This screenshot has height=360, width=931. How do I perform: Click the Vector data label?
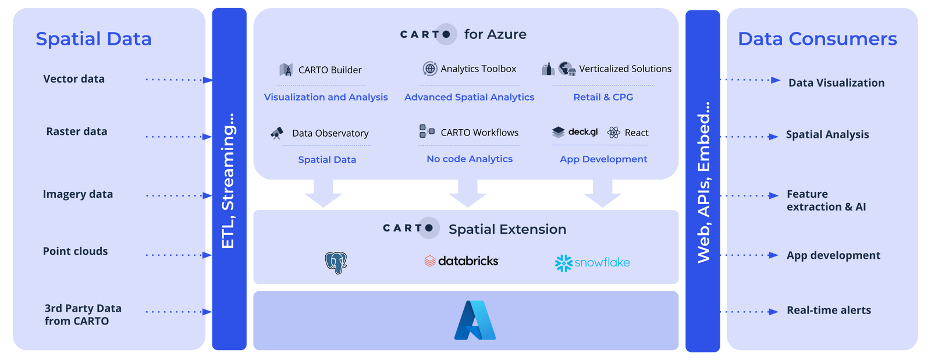(x=74, y=79)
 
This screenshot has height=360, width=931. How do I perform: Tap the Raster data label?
(x=76, y=131)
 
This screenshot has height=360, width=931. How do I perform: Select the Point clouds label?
(x=75, y=251)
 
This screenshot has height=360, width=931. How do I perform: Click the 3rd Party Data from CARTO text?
(x=83, y=315)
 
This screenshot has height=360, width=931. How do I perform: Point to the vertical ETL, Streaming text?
(x=228, y=180)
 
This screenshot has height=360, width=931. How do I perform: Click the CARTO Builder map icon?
(x=286, y=70)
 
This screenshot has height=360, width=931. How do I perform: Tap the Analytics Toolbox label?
(x=478, y=69)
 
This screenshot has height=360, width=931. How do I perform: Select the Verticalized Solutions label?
(x=625, y=69)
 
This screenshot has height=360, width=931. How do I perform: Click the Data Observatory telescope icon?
(x=277, y=133)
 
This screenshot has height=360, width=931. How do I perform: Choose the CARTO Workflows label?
(x=479, y=133)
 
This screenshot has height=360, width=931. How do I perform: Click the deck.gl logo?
(x=575, y=132)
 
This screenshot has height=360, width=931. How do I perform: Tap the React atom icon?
(x=613, y=133)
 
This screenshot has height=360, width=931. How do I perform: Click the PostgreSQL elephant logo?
(x=336, y=262)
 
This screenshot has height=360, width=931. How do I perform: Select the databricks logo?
(x=461, y=261)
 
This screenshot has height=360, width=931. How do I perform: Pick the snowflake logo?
(x=592, y=263)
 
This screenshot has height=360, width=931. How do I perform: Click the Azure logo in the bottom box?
(x=475, y=320)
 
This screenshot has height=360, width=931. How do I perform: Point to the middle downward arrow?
(x=467, y=193)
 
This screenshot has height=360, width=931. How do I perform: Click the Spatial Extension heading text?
(x=507, y=229)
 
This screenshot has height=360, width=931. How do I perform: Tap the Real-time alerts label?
(x=829, y=310)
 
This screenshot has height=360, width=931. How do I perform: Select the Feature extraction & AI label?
(x=826, y=201)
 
